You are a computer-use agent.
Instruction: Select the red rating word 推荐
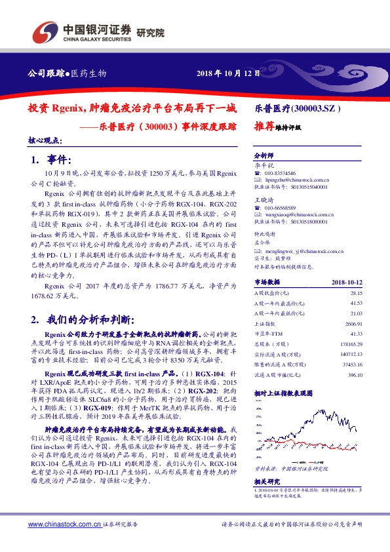pos(264,127)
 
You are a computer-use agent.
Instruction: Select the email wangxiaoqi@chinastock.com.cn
pos(296,214)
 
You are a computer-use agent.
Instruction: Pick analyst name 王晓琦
pos(263,199)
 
